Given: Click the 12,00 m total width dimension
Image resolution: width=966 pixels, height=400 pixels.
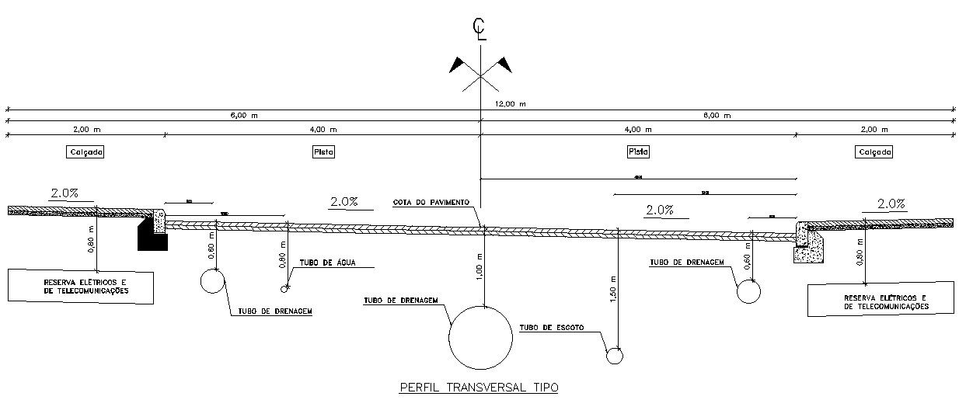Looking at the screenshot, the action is point(510,103).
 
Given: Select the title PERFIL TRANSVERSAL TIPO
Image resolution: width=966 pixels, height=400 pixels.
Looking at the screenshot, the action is point(479,387).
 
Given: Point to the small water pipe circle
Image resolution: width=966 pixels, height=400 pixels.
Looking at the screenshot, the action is point(284,289).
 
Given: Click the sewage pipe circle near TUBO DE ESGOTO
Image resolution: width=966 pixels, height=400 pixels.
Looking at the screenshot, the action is point(615,356).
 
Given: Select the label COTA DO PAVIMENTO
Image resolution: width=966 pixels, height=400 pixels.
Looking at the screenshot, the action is point(431,202).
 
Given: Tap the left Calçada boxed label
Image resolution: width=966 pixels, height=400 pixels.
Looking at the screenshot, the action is point(85,152).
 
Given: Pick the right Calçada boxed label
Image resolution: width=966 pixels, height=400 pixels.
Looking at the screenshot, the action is point(874,152).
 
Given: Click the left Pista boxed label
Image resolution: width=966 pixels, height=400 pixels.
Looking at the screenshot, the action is point(323,152).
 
